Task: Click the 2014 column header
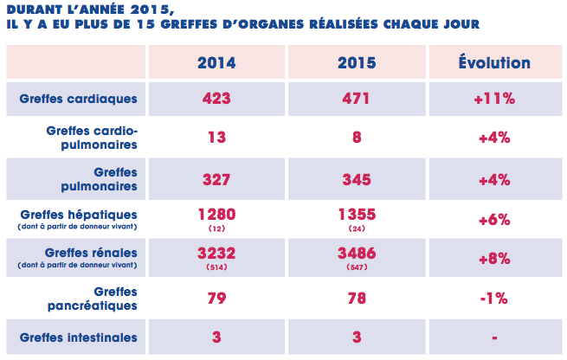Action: click(216, 63)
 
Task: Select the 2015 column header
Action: click(356, 63)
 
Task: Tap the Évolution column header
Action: click(494, 63)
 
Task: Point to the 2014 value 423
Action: click(216, 100)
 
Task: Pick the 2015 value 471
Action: click(356, 100)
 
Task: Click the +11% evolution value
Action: click(494, 100)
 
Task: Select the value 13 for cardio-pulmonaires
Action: click(216, 137)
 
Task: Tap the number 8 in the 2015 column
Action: click(356, 137)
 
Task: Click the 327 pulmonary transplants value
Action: click(216, 179)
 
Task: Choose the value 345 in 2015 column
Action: click(356, 179)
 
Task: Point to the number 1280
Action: click(216, 214)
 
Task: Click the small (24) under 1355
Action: click(356, 228)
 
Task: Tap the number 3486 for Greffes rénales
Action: click(356, 254)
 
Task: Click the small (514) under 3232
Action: click(216, 268)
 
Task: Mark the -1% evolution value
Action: click(494, 299)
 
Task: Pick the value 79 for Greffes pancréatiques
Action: click(216, 299)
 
